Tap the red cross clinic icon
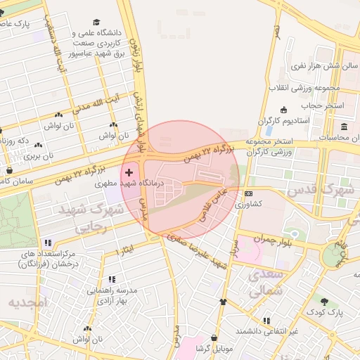coord(128,172)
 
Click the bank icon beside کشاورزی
coord(248,193)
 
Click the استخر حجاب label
coord(323,105)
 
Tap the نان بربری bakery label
coord(38,156)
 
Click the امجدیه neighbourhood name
coord(26,303)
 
